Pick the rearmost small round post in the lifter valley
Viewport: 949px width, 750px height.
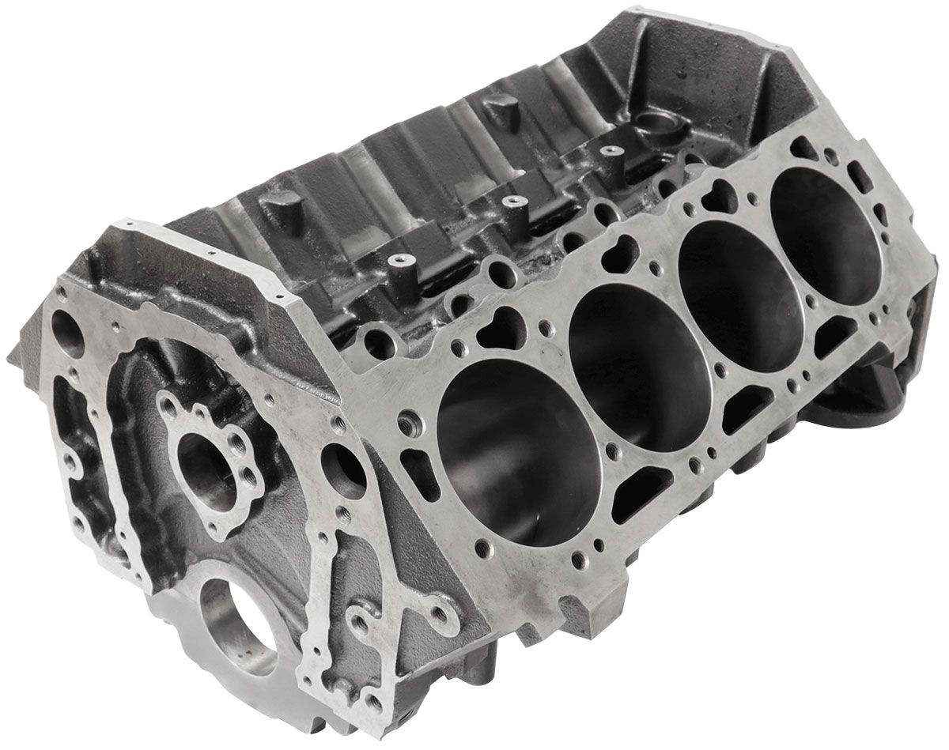coord(607,149)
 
